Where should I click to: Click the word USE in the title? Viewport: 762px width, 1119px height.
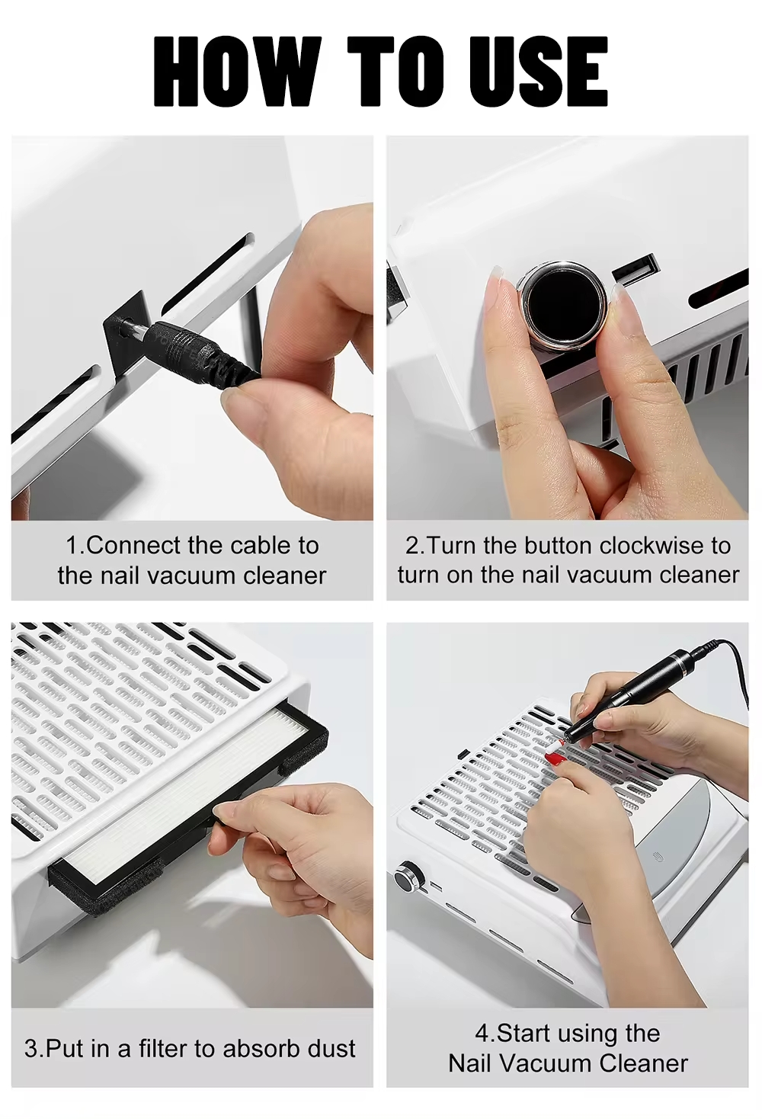(x=533, y=72)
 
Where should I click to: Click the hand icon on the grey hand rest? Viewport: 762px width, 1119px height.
(x=658, y=858)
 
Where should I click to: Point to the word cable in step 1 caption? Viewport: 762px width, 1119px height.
(x=258, y=546)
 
